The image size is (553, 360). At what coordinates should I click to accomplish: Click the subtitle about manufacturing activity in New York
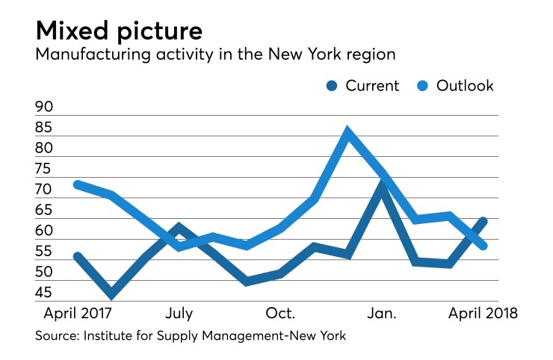click(214, 57)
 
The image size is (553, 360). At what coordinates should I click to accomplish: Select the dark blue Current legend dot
click(330, 86)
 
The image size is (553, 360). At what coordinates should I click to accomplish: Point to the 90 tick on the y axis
click(44, 108)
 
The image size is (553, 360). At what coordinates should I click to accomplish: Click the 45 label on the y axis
click(44, 293)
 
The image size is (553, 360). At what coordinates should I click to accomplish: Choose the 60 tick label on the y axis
click(44, 231)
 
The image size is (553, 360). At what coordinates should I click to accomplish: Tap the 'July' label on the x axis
click(179, 311)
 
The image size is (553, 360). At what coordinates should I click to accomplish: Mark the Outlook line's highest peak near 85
click(347, 132)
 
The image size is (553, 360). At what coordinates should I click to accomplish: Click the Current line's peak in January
click(383, 186)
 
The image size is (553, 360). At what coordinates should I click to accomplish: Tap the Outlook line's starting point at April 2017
click(78, 184)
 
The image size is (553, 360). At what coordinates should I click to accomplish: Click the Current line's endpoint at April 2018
click(484, 221)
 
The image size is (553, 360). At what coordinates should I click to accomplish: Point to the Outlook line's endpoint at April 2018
click(484, 246)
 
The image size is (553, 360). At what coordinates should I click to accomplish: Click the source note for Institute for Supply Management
click(191, 337)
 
